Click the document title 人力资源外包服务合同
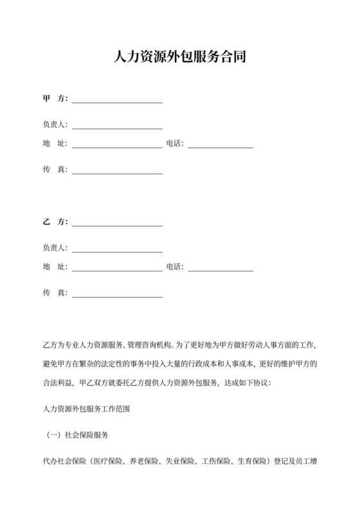click(179, 58)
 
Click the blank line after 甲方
click(117, 100)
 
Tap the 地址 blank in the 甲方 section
click(117, 144)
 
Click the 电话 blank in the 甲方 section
click(221, 144)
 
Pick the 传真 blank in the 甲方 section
click(117, 170)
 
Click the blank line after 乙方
click(117, 222)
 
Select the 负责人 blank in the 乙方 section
click(117, 248)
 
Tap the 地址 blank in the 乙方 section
click(117, 267)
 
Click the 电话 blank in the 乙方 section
click(221, 267)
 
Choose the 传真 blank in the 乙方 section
click(117, 293)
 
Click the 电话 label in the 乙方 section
click(175, 267)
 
